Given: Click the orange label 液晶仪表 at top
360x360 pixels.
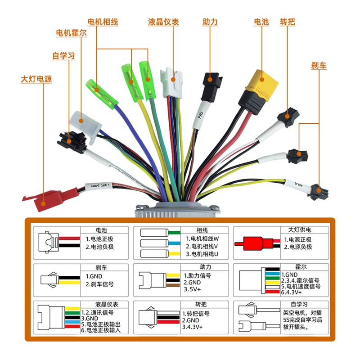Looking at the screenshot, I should click(x=163, y=22).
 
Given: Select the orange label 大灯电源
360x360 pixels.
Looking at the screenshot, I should click(x=36, y=79).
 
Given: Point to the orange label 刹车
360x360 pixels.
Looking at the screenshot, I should click(x=319, y=65).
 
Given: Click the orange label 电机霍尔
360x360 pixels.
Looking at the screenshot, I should click(x=71, y=33).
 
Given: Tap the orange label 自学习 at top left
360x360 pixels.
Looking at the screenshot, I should click(x=63, y=56).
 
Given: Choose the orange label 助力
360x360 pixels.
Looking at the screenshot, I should click(x=210, y=22).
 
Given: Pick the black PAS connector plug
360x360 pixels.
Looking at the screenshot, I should click(x=208, y=87).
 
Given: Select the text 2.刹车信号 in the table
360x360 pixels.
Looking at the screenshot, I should click(x=99, y=284).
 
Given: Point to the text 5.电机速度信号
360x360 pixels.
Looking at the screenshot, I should click(x=301, y=286).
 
